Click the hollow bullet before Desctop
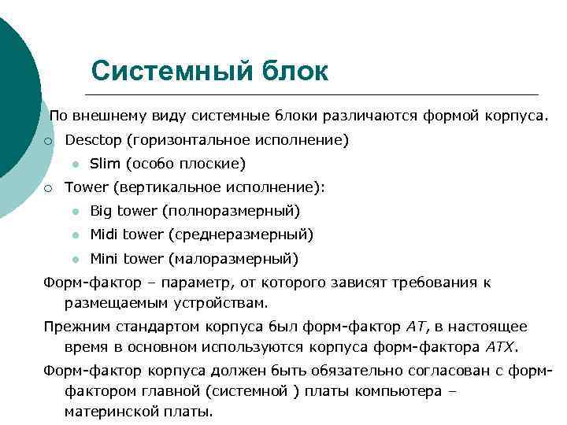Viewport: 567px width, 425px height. (x=48, y=141)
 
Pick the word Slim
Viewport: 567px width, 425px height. (x=104, y=164)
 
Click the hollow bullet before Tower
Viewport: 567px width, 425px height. (x=48, y=187)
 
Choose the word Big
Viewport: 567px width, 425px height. (x=102, y=211)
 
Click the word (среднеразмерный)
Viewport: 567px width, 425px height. (x=256, y=235)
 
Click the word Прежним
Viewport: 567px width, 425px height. (x=78, y=327)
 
